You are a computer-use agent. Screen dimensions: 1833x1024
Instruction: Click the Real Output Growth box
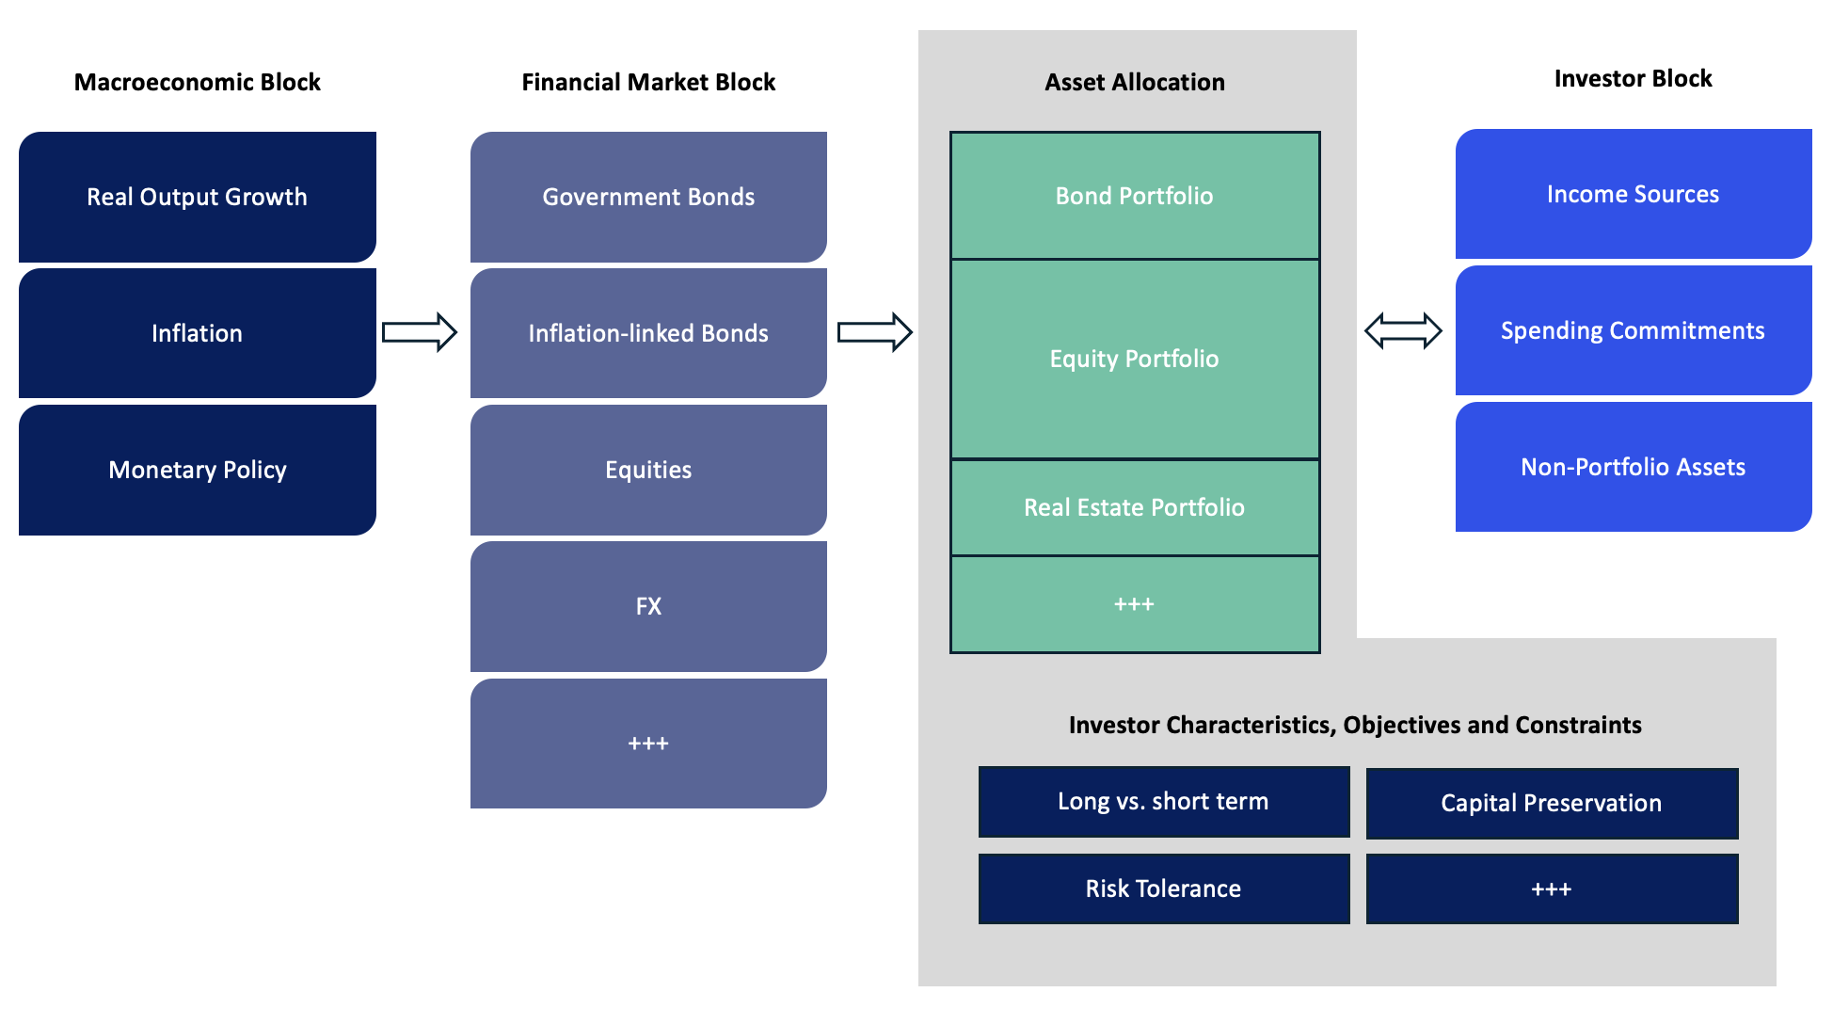point(198,197)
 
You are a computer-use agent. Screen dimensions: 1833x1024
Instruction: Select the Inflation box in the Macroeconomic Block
point(198,333)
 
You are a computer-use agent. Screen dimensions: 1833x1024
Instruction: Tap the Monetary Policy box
point(198,470)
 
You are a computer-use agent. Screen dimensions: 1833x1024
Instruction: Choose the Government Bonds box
point(648,197)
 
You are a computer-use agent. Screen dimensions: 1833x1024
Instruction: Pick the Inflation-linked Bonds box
point(648,333)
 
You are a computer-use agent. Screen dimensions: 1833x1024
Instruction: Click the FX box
point(648,606)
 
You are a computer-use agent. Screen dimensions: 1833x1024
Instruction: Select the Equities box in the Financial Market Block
point(648,470)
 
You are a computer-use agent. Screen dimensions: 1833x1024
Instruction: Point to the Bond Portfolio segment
point(1135,196)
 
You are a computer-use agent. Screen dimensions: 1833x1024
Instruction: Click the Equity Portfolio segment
point(1135,359)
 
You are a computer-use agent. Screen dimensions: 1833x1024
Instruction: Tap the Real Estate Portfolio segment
point(1135,507)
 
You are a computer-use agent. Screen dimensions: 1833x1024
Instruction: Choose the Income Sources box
point(1634,194)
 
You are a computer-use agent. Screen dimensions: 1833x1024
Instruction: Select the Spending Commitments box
point(1634,330)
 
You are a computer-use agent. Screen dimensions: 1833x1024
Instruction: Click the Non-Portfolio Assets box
point(1634,467)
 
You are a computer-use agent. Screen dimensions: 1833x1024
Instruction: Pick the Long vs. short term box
point(1164,802)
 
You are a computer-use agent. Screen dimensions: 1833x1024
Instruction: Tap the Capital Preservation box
point(1552,804)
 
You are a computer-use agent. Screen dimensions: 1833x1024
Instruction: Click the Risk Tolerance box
point(1164,888)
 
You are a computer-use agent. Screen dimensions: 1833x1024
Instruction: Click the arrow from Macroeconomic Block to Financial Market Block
point(420,332)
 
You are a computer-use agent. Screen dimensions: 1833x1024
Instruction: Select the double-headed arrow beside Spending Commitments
point(1403,331)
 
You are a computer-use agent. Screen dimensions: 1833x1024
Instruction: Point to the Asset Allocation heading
point(1135,82)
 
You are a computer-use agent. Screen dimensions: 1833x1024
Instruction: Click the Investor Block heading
point(1634,78)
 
